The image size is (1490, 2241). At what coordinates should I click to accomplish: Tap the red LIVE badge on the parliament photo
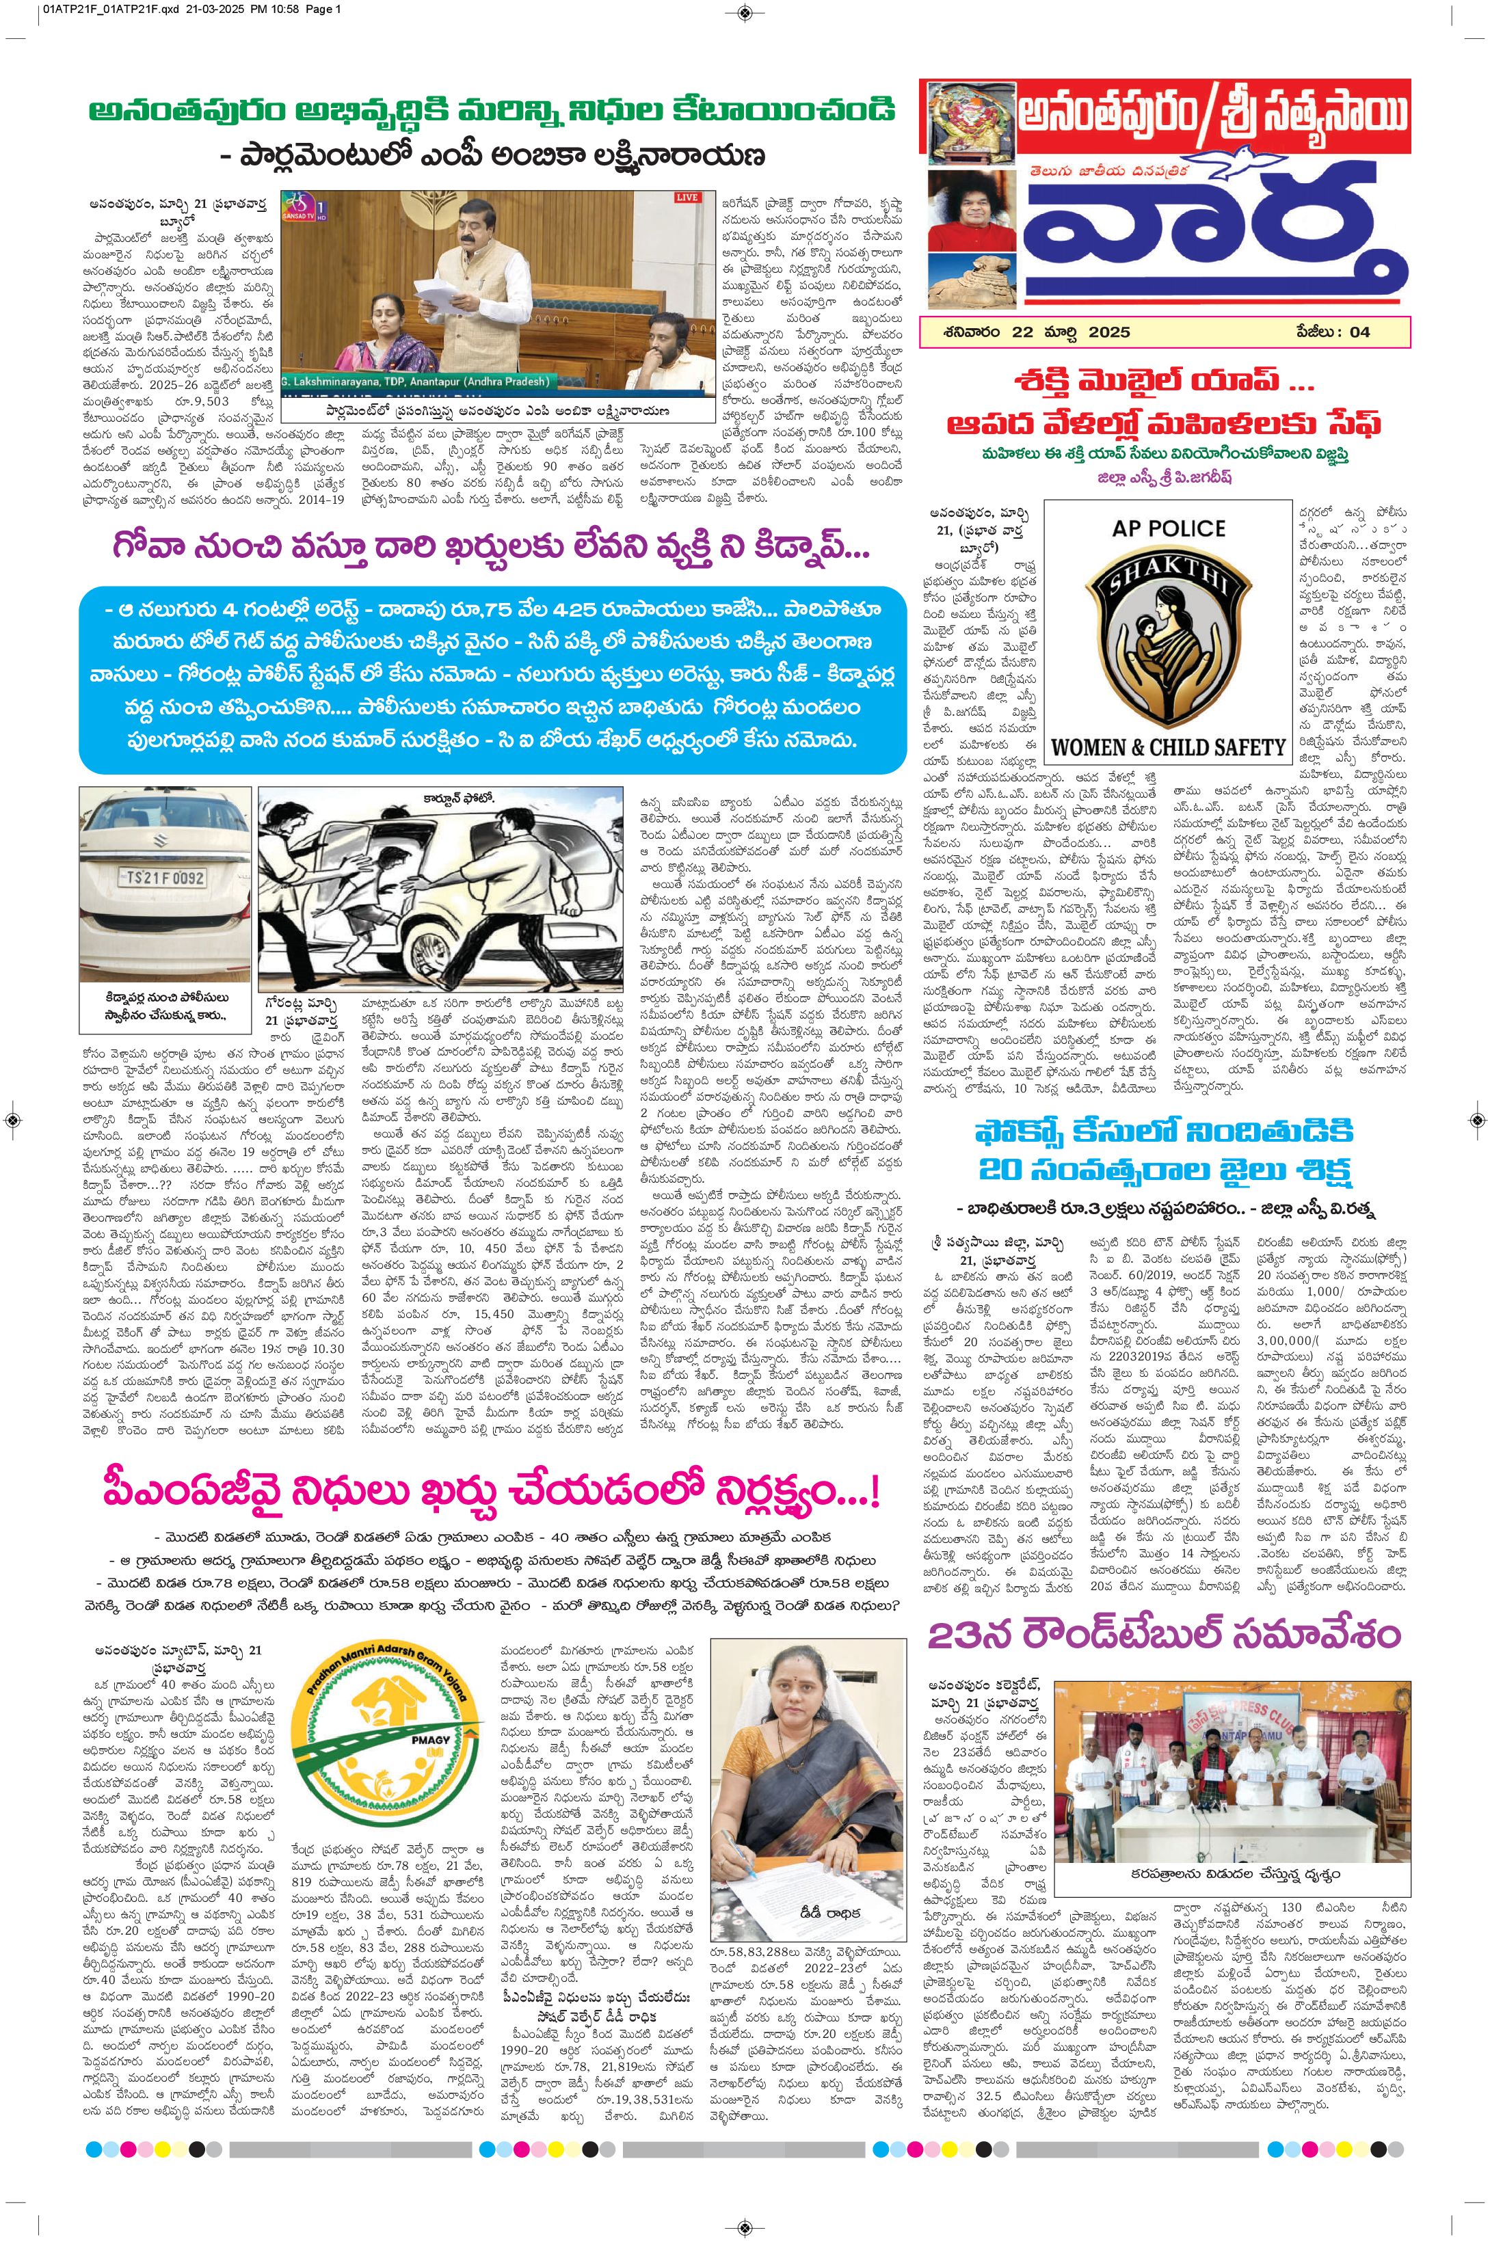pyautogui.click(x=686, y=198)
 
